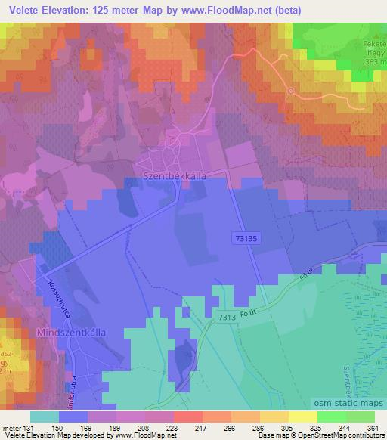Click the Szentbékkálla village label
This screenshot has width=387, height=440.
175,173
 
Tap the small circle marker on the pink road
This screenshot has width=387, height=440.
291,91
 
